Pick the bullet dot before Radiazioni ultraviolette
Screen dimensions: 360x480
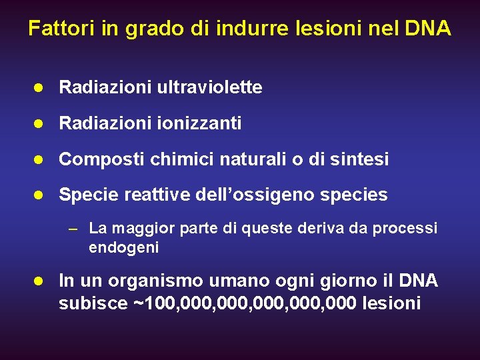click(40, 87)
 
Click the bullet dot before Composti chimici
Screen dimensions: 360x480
click(40, 159)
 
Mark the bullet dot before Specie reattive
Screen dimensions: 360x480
click(40, 195)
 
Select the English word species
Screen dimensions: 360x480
click(353, 195)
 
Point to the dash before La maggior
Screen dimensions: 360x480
click(75, 229)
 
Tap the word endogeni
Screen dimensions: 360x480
click(123, 248)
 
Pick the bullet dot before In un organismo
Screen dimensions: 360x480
click(40, 281)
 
